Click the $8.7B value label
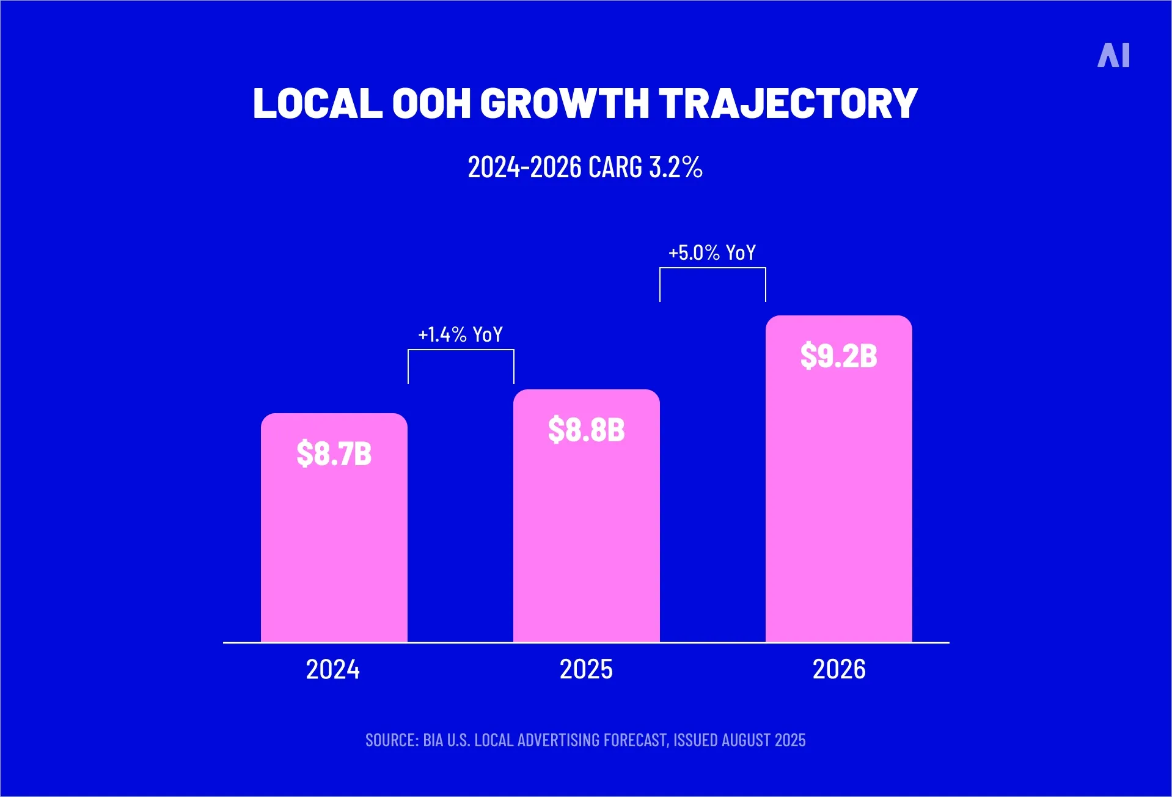coord(334,454)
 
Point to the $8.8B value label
coord(586,430)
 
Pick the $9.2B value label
coord(838,356)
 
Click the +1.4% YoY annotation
coord(460,335)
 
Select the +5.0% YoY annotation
coord(712,253)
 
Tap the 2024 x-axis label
coord(332,669)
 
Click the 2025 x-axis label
coord(586,669)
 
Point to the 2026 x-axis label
coord(838,669)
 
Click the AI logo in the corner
coord(1113,56)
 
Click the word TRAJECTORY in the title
coord(788,103)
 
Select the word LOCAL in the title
coord(317,103)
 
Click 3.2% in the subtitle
coord(676,167)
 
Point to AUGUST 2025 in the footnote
coord(763,740)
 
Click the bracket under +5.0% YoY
coord(712,268)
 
